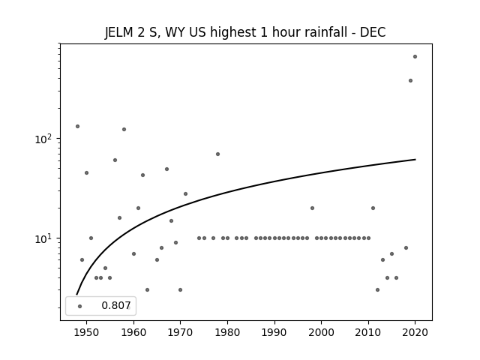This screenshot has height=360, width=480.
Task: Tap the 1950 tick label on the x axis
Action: (x=87, y=332)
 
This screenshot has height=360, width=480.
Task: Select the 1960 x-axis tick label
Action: (x=133, y=332)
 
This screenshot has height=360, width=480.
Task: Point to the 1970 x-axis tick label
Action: (x=180, y=332)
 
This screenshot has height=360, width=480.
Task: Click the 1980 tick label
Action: (x=227, y=332)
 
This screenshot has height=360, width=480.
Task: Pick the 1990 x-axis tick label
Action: (x=274, y=332)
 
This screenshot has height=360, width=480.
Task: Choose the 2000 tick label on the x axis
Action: (x=322, y=332)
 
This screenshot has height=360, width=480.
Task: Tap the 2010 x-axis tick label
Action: (x=368, y=332)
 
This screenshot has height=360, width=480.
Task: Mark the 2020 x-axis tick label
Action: (x=415, y=332)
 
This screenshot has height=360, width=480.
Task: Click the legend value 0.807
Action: (x=116, y=305)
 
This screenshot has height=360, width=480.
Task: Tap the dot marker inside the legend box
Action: (x=79, y=306)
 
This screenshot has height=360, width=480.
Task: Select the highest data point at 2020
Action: (x=415, y=57)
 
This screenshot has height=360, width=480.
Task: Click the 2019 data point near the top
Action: (x=410, y=80)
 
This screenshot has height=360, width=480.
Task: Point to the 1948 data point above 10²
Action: (x=77, y=127)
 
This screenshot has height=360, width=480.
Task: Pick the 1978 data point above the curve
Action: (x=217, y=154)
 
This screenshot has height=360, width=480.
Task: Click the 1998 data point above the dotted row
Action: (x=312, y=208)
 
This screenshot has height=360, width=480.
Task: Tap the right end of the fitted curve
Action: (x=415, y=160)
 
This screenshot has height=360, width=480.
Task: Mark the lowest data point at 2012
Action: (x=377, y=290)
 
